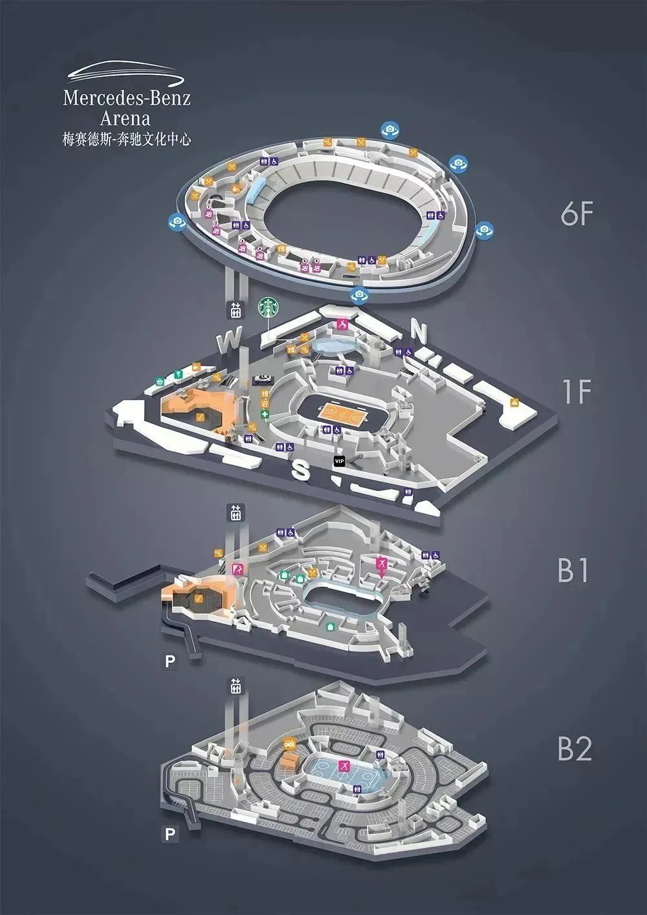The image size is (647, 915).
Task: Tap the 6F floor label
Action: point(576,214)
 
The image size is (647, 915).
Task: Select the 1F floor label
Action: point(576,391)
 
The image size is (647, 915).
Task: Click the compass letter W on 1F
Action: point(229,340)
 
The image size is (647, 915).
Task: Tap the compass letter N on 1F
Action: point(420,332)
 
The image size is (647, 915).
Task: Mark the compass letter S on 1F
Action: point(300,470)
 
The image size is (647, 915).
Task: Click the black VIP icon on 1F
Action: point(338,461)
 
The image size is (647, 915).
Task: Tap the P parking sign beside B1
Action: point(170,661)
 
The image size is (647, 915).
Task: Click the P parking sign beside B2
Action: point(170,834)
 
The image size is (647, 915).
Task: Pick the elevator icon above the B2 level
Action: point(235,687)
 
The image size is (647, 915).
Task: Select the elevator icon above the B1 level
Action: point(235,513)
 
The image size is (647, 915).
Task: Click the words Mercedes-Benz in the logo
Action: point(127,99)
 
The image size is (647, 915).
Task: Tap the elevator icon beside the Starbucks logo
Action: point(235,310)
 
